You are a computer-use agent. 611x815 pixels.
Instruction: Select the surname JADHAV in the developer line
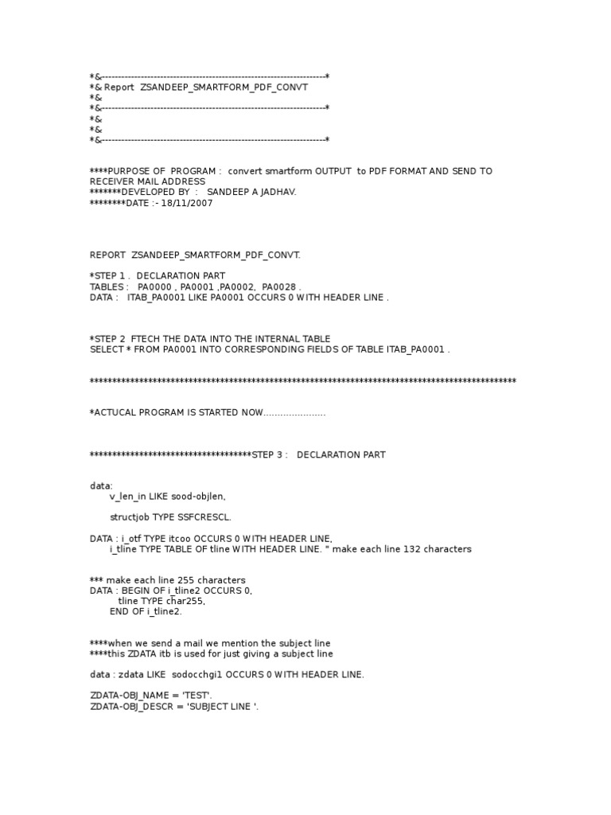tap(277, 192)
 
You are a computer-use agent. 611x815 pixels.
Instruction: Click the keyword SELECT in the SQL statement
tap(107, 349)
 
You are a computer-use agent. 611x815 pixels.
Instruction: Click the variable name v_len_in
tap(129, 496)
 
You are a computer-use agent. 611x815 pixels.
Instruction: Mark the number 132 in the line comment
tap(395, 549)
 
